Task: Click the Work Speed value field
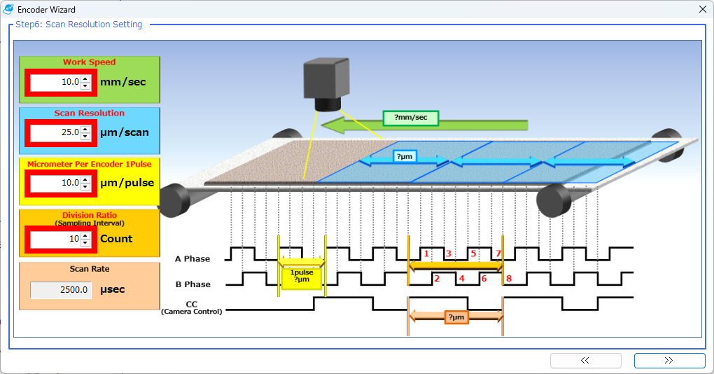click(55, 82)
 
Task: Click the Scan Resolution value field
click(55, 132)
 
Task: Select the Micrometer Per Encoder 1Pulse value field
click(55, 183)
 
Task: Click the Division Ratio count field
click(55, 239)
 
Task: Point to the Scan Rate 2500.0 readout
click(61, 290)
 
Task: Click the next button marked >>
click(669, 361)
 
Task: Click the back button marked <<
click(585, 361)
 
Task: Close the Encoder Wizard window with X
click(702, 10)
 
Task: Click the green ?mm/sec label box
click(410, 118)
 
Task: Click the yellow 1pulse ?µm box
click(302, 277)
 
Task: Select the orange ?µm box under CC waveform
click(455, 317)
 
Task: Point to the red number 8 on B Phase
click(509, 279)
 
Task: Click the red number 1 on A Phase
click(426, 253)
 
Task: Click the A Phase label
click(192, 259)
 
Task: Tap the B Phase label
click(192, 284)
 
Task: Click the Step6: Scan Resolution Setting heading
click(78, 25)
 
